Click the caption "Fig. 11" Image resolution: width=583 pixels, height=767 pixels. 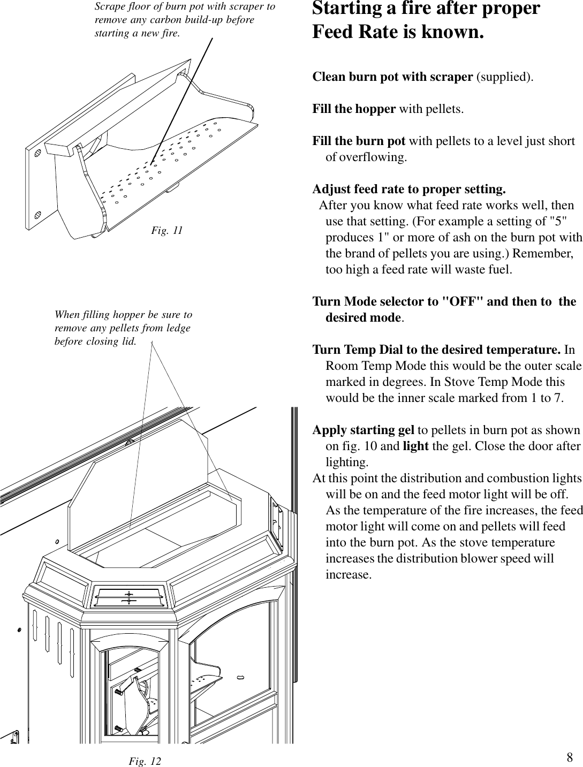166,231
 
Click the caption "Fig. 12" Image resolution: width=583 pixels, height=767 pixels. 145,761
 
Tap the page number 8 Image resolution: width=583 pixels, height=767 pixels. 570,757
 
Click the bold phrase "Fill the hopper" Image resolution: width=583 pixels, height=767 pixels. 354,109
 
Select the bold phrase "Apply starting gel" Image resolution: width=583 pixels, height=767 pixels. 363,430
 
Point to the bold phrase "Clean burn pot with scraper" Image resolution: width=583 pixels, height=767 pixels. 392,77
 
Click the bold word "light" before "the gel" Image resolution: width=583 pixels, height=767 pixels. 415,446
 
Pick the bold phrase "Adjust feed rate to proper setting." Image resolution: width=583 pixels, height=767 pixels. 408,189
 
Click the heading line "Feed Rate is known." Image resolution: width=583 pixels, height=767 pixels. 398,32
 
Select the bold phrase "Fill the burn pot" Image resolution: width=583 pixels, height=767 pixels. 359,141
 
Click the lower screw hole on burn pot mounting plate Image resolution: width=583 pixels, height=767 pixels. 38,214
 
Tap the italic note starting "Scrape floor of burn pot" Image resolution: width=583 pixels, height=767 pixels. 184,20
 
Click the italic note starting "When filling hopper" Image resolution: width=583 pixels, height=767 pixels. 123,328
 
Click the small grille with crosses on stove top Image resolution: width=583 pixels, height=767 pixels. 128,597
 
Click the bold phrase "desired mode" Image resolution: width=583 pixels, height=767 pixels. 364,318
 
